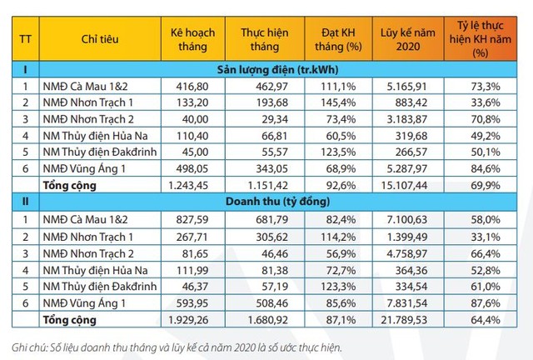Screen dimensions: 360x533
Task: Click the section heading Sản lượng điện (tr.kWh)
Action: (x=282, y=69)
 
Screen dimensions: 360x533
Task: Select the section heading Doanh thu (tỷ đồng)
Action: (x=282, y=201)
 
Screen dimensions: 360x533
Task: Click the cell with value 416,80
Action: (x=193, y=85)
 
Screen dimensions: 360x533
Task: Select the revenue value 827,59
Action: (x=193, y=217)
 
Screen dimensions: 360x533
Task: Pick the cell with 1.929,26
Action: (x=193, y=318)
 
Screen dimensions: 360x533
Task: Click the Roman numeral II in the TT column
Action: (x=24, y=201)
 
